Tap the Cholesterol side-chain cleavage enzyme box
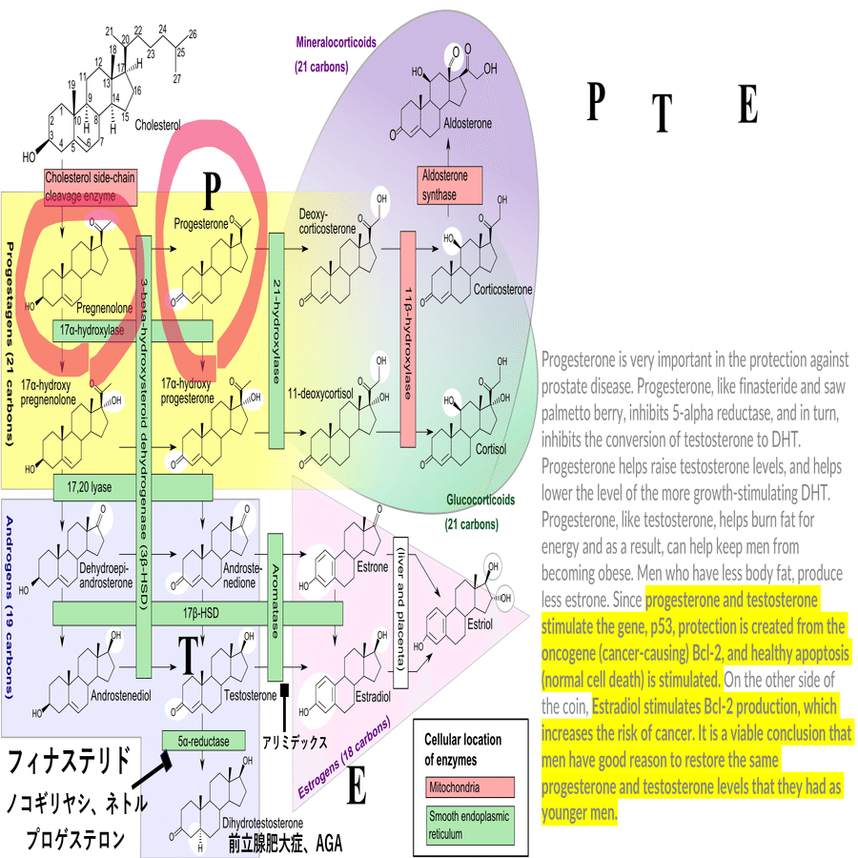92,187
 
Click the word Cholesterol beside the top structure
157,125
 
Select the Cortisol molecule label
490,448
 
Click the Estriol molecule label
480,625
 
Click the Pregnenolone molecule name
104,309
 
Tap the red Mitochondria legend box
469,787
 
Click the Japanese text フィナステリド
69,764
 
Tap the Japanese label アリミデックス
296,740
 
